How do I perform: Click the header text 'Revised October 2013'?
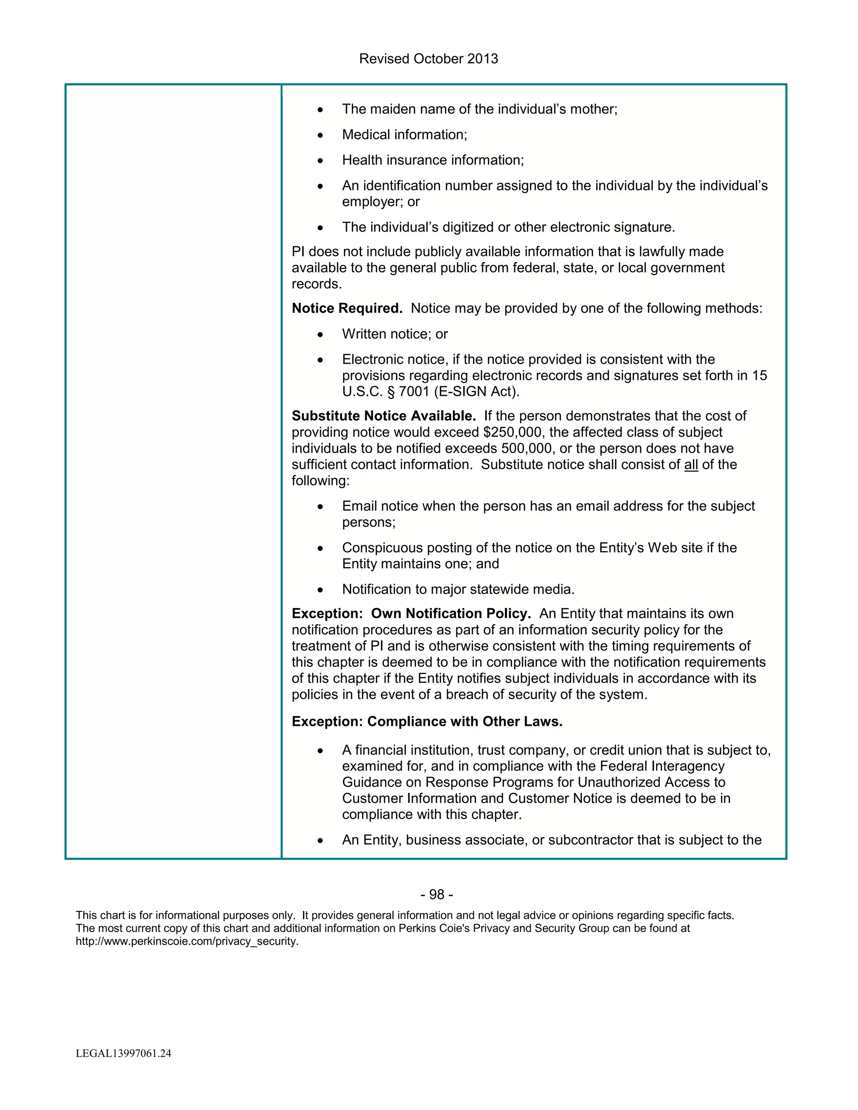(x=428, y=59)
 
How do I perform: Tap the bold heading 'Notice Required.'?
(x=346, y=309)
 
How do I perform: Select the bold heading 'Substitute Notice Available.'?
(x=383, y=416)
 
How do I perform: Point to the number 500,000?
(x=527, y=449)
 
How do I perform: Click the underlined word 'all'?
(x=691, y=465)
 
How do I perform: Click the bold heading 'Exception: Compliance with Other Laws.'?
(x=426, y=722)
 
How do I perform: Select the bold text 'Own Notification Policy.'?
(x=451, y=614)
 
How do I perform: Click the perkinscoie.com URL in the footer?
(x=187, y=941)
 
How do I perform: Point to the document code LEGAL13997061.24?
(x=123, y=1053)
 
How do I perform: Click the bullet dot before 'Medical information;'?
(x=320, y=135)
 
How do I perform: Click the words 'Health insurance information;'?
(x=432, y=160)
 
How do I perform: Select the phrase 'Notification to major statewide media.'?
(x=458, y=590)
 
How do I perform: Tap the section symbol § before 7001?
(x=390, y=392)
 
